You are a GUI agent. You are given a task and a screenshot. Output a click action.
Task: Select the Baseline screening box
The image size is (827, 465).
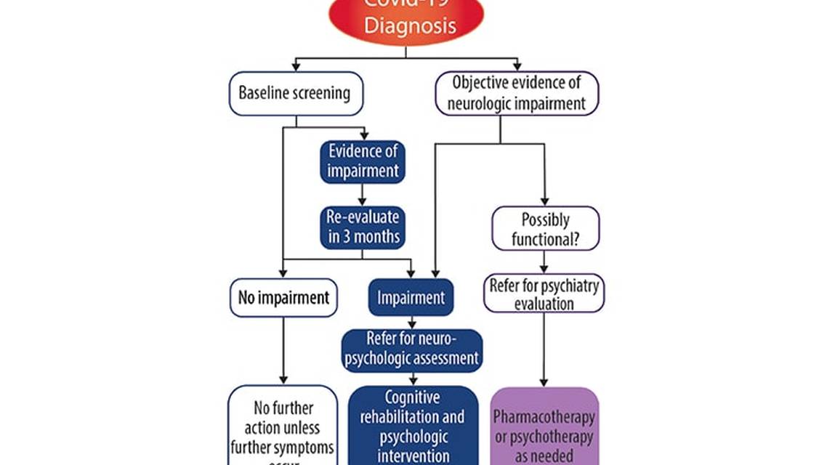(295, 94)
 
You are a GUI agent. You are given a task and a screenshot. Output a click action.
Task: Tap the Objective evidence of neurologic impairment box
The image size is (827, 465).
(516, 93)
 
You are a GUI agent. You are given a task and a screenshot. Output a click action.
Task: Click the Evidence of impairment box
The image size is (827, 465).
(362, 162)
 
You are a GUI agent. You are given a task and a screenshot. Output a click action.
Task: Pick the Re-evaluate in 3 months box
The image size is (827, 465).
(362, 227)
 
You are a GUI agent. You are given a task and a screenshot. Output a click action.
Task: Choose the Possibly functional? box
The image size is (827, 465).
(545, 229)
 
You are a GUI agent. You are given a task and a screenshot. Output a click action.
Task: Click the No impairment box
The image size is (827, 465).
(283, 298)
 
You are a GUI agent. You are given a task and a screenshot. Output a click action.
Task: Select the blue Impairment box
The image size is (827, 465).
(411, 298)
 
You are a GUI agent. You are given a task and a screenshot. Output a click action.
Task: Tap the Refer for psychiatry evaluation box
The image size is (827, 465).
(544, 294)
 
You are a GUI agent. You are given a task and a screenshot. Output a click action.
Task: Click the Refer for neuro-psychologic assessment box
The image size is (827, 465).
(411, 349)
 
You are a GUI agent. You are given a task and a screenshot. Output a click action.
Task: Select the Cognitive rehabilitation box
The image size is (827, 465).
(413, 426)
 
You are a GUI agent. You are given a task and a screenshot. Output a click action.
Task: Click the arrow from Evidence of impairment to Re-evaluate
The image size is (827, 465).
(362, 195)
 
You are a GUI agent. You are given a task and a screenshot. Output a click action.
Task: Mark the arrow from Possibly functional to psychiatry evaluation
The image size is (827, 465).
(544, 262)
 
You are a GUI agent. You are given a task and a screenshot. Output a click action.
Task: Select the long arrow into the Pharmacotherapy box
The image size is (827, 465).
(544, 349)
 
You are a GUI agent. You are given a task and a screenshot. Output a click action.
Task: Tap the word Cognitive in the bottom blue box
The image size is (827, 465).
(412, 398)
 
